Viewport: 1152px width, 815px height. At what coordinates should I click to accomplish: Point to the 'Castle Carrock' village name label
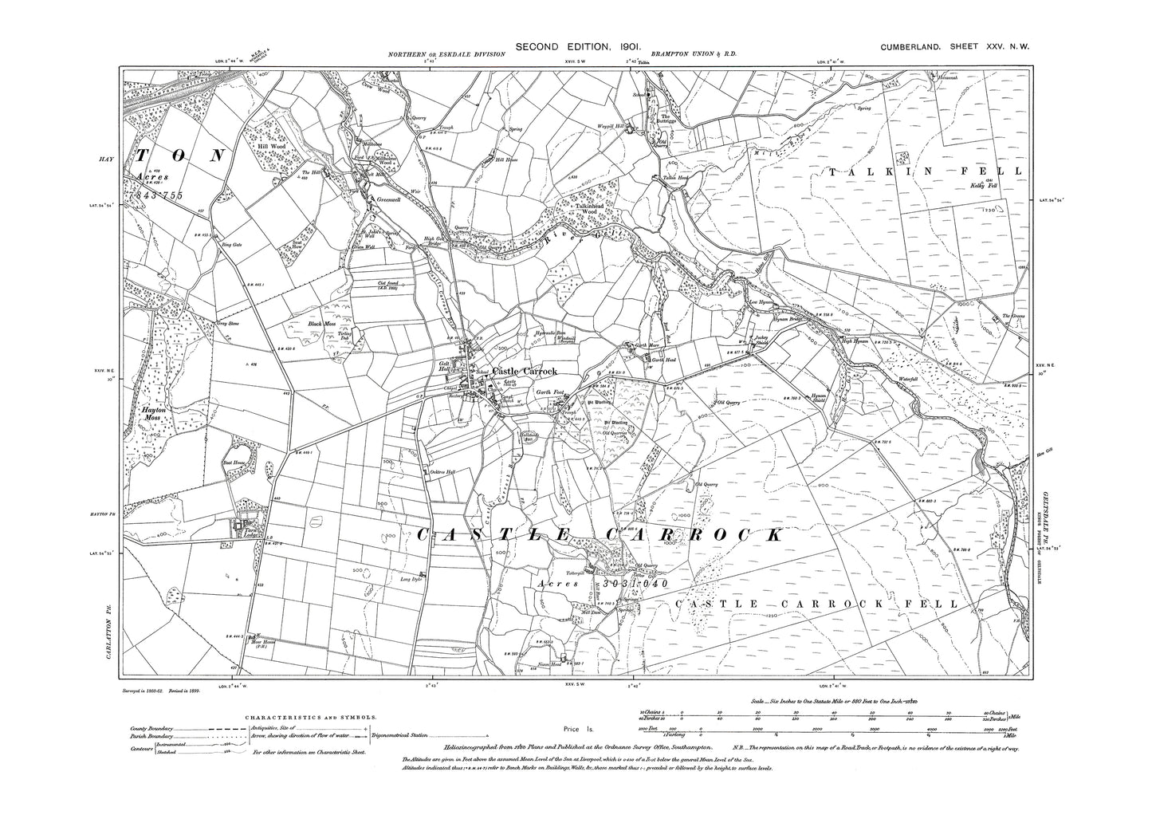pyautogui.click(x=524, y=372)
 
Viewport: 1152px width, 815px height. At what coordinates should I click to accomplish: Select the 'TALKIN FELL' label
pyautogui.click(x=924, y=171)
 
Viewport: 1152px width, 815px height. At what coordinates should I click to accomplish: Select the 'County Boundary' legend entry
pyautogui.click(x=153, y=730)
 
